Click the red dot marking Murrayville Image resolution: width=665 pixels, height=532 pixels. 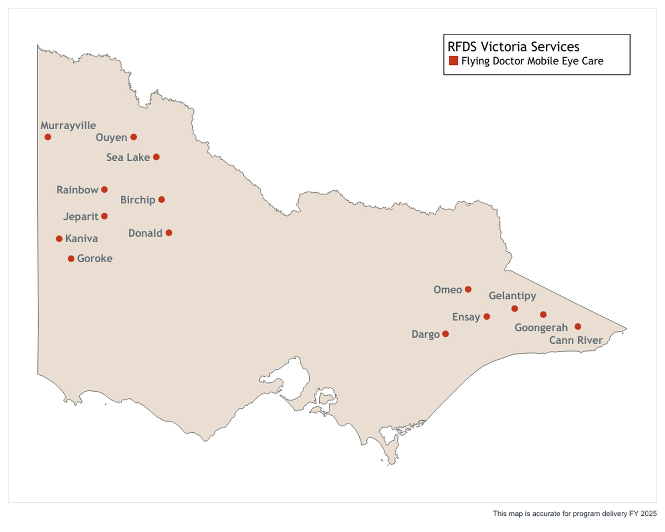tap(48, 137)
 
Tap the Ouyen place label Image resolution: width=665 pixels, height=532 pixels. tap(111, 137)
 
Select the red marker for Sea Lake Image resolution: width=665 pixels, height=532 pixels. tap(156, 157)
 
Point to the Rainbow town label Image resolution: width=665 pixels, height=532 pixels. tap(77, 190)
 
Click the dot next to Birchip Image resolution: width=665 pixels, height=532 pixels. tap(161, 199)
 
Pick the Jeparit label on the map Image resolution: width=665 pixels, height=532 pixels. tap(80, 217)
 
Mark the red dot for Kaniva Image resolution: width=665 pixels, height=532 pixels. tap(59, 239)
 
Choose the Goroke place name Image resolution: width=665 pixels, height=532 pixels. tap(95, 259)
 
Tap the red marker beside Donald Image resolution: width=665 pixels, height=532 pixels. tap(168, 233)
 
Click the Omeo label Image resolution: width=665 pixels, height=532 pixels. tap(448, 290)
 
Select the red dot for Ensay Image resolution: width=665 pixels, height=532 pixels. tap(487, 316)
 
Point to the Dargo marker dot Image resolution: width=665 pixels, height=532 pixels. tap(446, 334)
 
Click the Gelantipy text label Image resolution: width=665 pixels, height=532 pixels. tap(512, 296)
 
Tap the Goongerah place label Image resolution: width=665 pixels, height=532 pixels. tap(541, 328)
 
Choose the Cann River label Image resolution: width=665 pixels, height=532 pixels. tap(575, 340)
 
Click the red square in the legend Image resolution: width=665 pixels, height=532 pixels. tap(453, 61)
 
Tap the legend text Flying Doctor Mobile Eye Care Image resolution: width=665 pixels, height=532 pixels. tap(532, 61)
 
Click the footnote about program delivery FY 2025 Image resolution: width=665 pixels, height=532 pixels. tap(574, 514)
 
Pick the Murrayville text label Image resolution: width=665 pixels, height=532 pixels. tap(68, 126)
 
